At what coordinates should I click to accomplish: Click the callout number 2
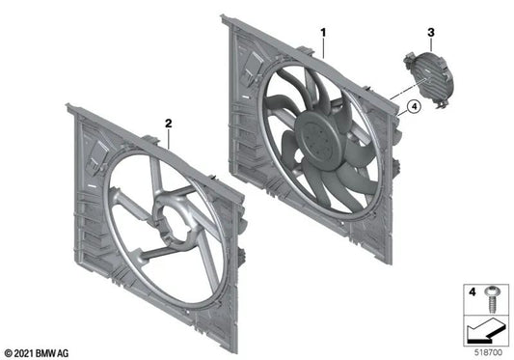coord(168,124)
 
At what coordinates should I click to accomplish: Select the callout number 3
coord(430,34)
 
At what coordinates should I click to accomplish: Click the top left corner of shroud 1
coord(225,18)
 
